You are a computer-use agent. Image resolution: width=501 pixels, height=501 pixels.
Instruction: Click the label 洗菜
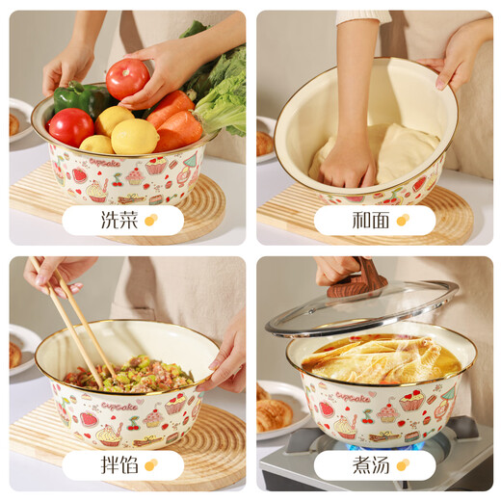point(119,221)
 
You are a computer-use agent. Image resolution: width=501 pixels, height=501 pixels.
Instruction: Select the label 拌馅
point(119,465)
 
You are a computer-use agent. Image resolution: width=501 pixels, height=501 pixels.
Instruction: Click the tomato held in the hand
point(127,79)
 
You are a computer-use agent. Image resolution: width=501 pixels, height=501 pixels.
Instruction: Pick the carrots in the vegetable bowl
point(174,121)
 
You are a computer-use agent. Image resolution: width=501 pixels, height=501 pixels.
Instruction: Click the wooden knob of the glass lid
point(356,281)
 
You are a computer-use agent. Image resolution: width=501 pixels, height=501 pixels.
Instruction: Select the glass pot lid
point(361,308)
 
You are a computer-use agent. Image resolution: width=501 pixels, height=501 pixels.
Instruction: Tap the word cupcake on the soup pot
point(354,397)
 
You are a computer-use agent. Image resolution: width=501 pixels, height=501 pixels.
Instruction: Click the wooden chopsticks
point(72,317)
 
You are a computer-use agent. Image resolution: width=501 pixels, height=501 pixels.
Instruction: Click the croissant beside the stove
point(274,414)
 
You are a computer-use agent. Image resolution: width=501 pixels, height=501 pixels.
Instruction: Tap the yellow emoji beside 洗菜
point(150,221)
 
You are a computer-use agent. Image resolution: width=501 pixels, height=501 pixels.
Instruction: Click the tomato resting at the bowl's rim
point(70,126)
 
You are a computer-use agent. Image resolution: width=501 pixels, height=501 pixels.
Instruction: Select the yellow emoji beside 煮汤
point(402,465)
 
